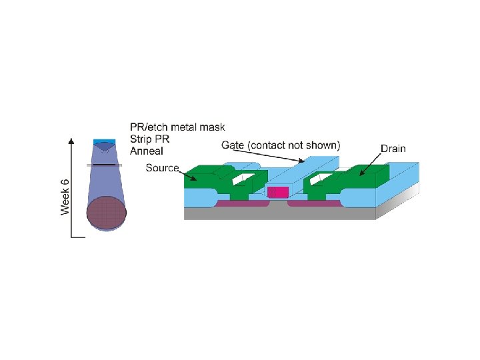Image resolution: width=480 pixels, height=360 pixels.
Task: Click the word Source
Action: (x=162, y=168)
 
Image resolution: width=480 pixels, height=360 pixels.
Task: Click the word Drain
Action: (x=393, y=149)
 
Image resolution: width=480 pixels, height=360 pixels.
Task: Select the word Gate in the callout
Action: (x=232, y=145)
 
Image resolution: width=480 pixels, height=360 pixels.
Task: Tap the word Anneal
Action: (x=147, y=151)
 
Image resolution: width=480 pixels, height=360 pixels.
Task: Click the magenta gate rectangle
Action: (x=277, y=192)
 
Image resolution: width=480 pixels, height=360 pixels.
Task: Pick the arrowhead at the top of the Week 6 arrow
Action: (x=72, y=141)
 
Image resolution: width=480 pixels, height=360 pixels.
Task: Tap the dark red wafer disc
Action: (x=106, y=213)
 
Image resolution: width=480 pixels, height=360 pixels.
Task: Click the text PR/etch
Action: (x=151, y=127)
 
